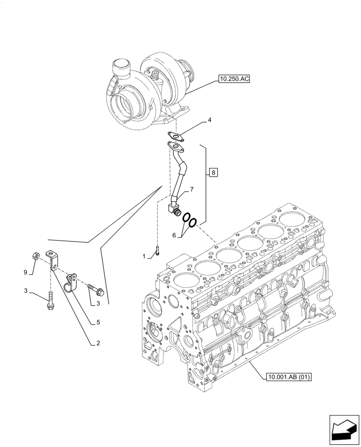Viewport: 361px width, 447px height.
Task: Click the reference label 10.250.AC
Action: coord(234,80)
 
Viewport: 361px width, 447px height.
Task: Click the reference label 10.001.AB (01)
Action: coord(288,377)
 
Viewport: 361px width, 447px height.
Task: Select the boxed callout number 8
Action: coord(214,173)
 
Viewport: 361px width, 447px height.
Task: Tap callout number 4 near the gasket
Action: coord(209,120)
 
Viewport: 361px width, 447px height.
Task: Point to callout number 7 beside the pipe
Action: coord(191,190)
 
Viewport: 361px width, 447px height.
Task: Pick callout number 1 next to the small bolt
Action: coord(144,257)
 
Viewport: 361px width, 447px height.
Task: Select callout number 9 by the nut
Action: coord(25,272)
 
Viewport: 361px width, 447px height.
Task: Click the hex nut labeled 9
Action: coord(36,256)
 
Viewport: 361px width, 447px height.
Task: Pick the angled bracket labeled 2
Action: coord(53,260)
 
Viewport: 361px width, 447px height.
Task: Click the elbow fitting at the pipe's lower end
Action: coord(173,208)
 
